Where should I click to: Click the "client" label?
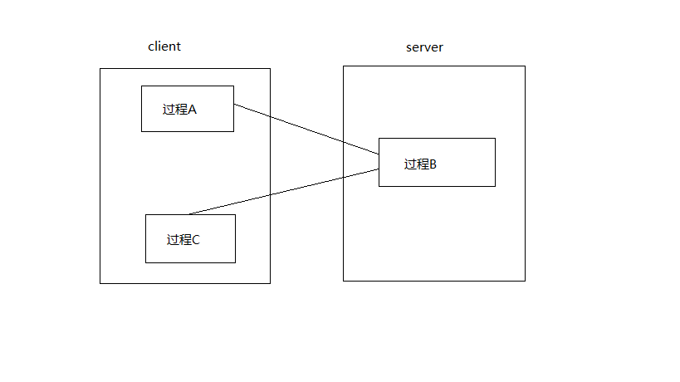coord(164,47)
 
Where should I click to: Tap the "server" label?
coord(424,47)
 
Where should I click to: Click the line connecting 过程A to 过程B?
coord(306,130)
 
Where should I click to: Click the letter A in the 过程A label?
coord(193,109)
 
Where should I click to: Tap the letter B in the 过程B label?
coord(433,164)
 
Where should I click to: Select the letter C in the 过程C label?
coord(196,240)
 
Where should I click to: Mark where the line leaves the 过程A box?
coord(234,105)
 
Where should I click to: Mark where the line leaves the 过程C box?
coord(189,214)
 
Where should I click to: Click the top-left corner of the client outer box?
coord(100,68)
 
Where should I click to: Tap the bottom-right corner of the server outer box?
coord(525,281)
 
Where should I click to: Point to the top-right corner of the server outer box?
coord(525,66)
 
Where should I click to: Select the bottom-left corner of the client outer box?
coord(100,283)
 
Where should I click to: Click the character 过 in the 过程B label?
coord(410,164)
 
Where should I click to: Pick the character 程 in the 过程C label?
coord(184,240)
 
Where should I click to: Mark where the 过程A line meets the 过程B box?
coord(379,154)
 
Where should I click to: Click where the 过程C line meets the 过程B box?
coord(379,169)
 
